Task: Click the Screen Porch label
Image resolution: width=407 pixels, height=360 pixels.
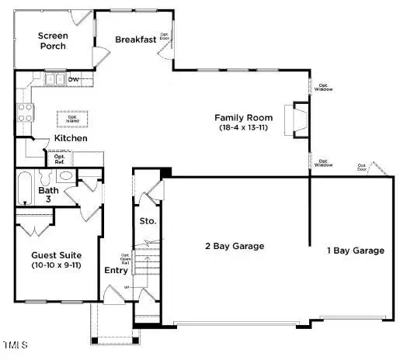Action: [54, 40]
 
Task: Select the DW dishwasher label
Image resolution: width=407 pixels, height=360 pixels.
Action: [74, 78]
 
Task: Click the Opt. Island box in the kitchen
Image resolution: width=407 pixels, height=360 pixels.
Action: [72, 119]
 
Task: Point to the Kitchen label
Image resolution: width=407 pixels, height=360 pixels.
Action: [70, 138]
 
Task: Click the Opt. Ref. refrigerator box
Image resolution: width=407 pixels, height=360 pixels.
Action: [60, 157]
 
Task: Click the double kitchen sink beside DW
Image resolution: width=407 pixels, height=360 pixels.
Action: [54, 78]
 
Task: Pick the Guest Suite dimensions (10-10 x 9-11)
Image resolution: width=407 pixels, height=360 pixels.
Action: [57, 266]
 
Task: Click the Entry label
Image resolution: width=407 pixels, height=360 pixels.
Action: [117, 270]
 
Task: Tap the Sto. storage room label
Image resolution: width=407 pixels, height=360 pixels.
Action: [148, 221]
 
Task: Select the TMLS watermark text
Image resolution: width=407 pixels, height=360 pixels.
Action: [15, 344]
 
